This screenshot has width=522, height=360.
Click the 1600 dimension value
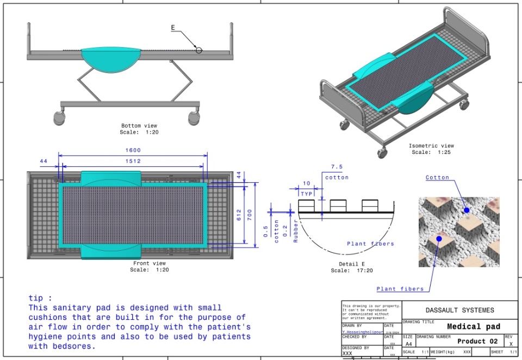(133, 150)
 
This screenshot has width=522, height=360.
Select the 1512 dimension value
(133, 161)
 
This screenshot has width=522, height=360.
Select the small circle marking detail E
(199, 50)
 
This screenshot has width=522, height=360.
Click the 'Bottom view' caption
(139, 126)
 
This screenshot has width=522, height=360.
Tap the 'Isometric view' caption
(431, 146)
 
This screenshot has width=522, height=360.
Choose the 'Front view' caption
(148, 264)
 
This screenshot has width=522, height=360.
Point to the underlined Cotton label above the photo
(437, 178)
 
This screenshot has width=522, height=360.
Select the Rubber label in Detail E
(296, 231)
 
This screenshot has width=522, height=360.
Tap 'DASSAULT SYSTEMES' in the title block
(460, 310)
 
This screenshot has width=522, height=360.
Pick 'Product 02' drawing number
(477, 342)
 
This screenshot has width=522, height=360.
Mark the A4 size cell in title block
(408, 344)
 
